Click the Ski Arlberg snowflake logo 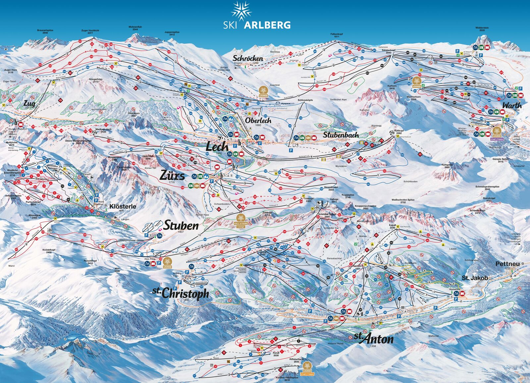(x=241, y=10)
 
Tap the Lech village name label (x=217, y=146)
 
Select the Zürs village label (x=172, y=175)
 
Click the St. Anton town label (x=374, y=338)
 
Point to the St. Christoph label (x=181, y=293)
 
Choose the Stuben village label (x=181, y=226)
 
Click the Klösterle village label (x=123, y=206)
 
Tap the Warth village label (x=512, y=105)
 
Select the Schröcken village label (x=248, y=58)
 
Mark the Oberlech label (x=258, y=121)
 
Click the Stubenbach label (x=341, y=135)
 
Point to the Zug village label (x=29, y=104)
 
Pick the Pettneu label (x=507, y=264)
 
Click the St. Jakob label (x=475, y=278)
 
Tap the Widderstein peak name (x=482, y=28)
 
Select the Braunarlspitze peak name (x=45, y=30)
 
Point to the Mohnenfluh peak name (x=135, y=27)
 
